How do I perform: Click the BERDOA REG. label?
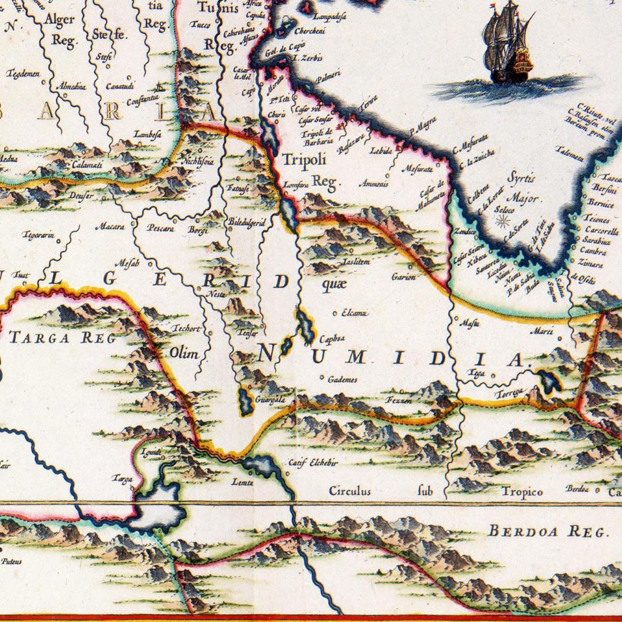click(x=547, y=531)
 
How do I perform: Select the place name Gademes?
click(x=343, y=380)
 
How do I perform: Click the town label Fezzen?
click(x=399, y=400)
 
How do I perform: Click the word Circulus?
click(x=350, y=490)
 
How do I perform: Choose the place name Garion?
click(x=404, y=277)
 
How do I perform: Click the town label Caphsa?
click(x=332, y=340)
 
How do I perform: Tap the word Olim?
click(x=185, y=354)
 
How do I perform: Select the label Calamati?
click(x=87, y=165)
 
